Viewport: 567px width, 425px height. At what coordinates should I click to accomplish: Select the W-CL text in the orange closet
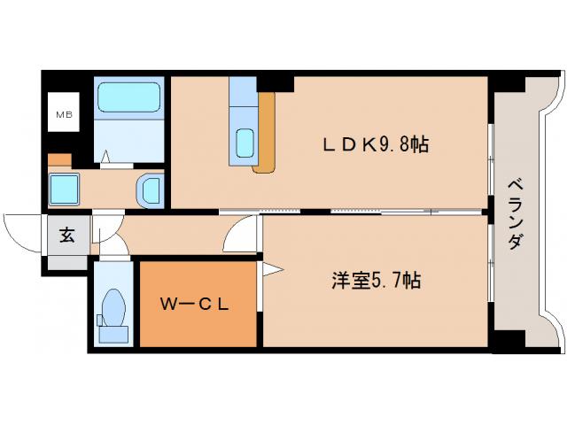point(195,304)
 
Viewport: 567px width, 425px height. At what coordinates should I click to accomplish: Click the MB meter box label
point(65,114)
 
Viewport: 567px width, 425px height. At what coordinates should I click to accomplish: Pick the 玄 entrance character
point(67,236)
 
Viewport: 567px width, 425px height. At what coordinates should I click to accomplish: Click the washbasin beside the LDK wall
point(151,189)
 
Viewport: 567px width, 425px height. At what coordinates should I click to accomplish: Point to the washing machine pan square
point(66,189)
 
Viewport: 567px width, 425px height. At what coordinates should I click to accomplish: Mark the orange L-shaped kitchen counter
point(267,133)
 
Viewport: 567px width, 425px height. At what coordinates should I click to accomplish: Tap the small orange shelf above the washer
point(59,160)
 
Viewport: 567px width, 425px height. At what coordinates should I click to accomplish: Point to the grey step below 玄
point(67,262)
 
